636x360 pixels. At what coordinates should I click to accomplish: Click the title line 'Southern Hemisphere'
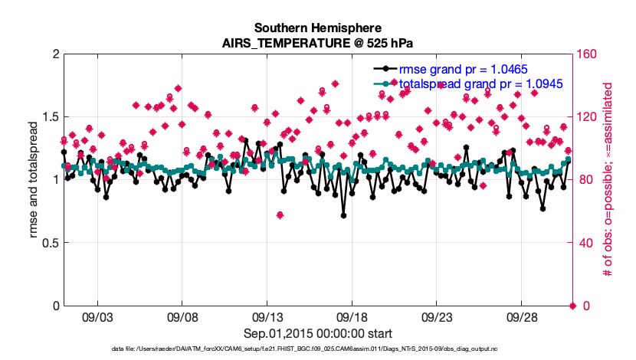click(318, 28)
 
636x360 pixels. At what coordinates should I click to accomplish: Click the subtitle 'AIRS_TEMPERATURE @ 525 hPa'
click(318, 43)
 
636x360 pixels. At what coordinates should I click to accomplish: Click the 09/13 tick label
click(267, 316)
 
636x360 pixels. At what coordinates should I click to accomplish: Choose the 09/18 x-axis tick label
click(352, 316)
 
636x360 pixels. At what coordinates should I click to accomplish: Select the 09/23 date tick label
click(438, 316)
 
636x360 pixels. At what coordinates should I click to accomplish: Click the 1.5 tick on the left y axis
click(49, 117)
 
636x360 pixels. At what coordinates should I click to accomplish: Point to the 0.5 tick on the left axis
click(49, 243)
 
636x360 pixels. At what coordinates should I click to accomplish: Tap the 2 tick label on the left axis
click(55, 54)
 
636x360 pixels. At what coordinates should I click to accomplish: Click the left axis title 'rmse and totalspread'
click(34, 180)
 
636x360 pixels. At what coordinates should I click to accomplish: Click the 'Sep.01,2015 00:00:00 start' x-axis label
click(318, 333)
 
